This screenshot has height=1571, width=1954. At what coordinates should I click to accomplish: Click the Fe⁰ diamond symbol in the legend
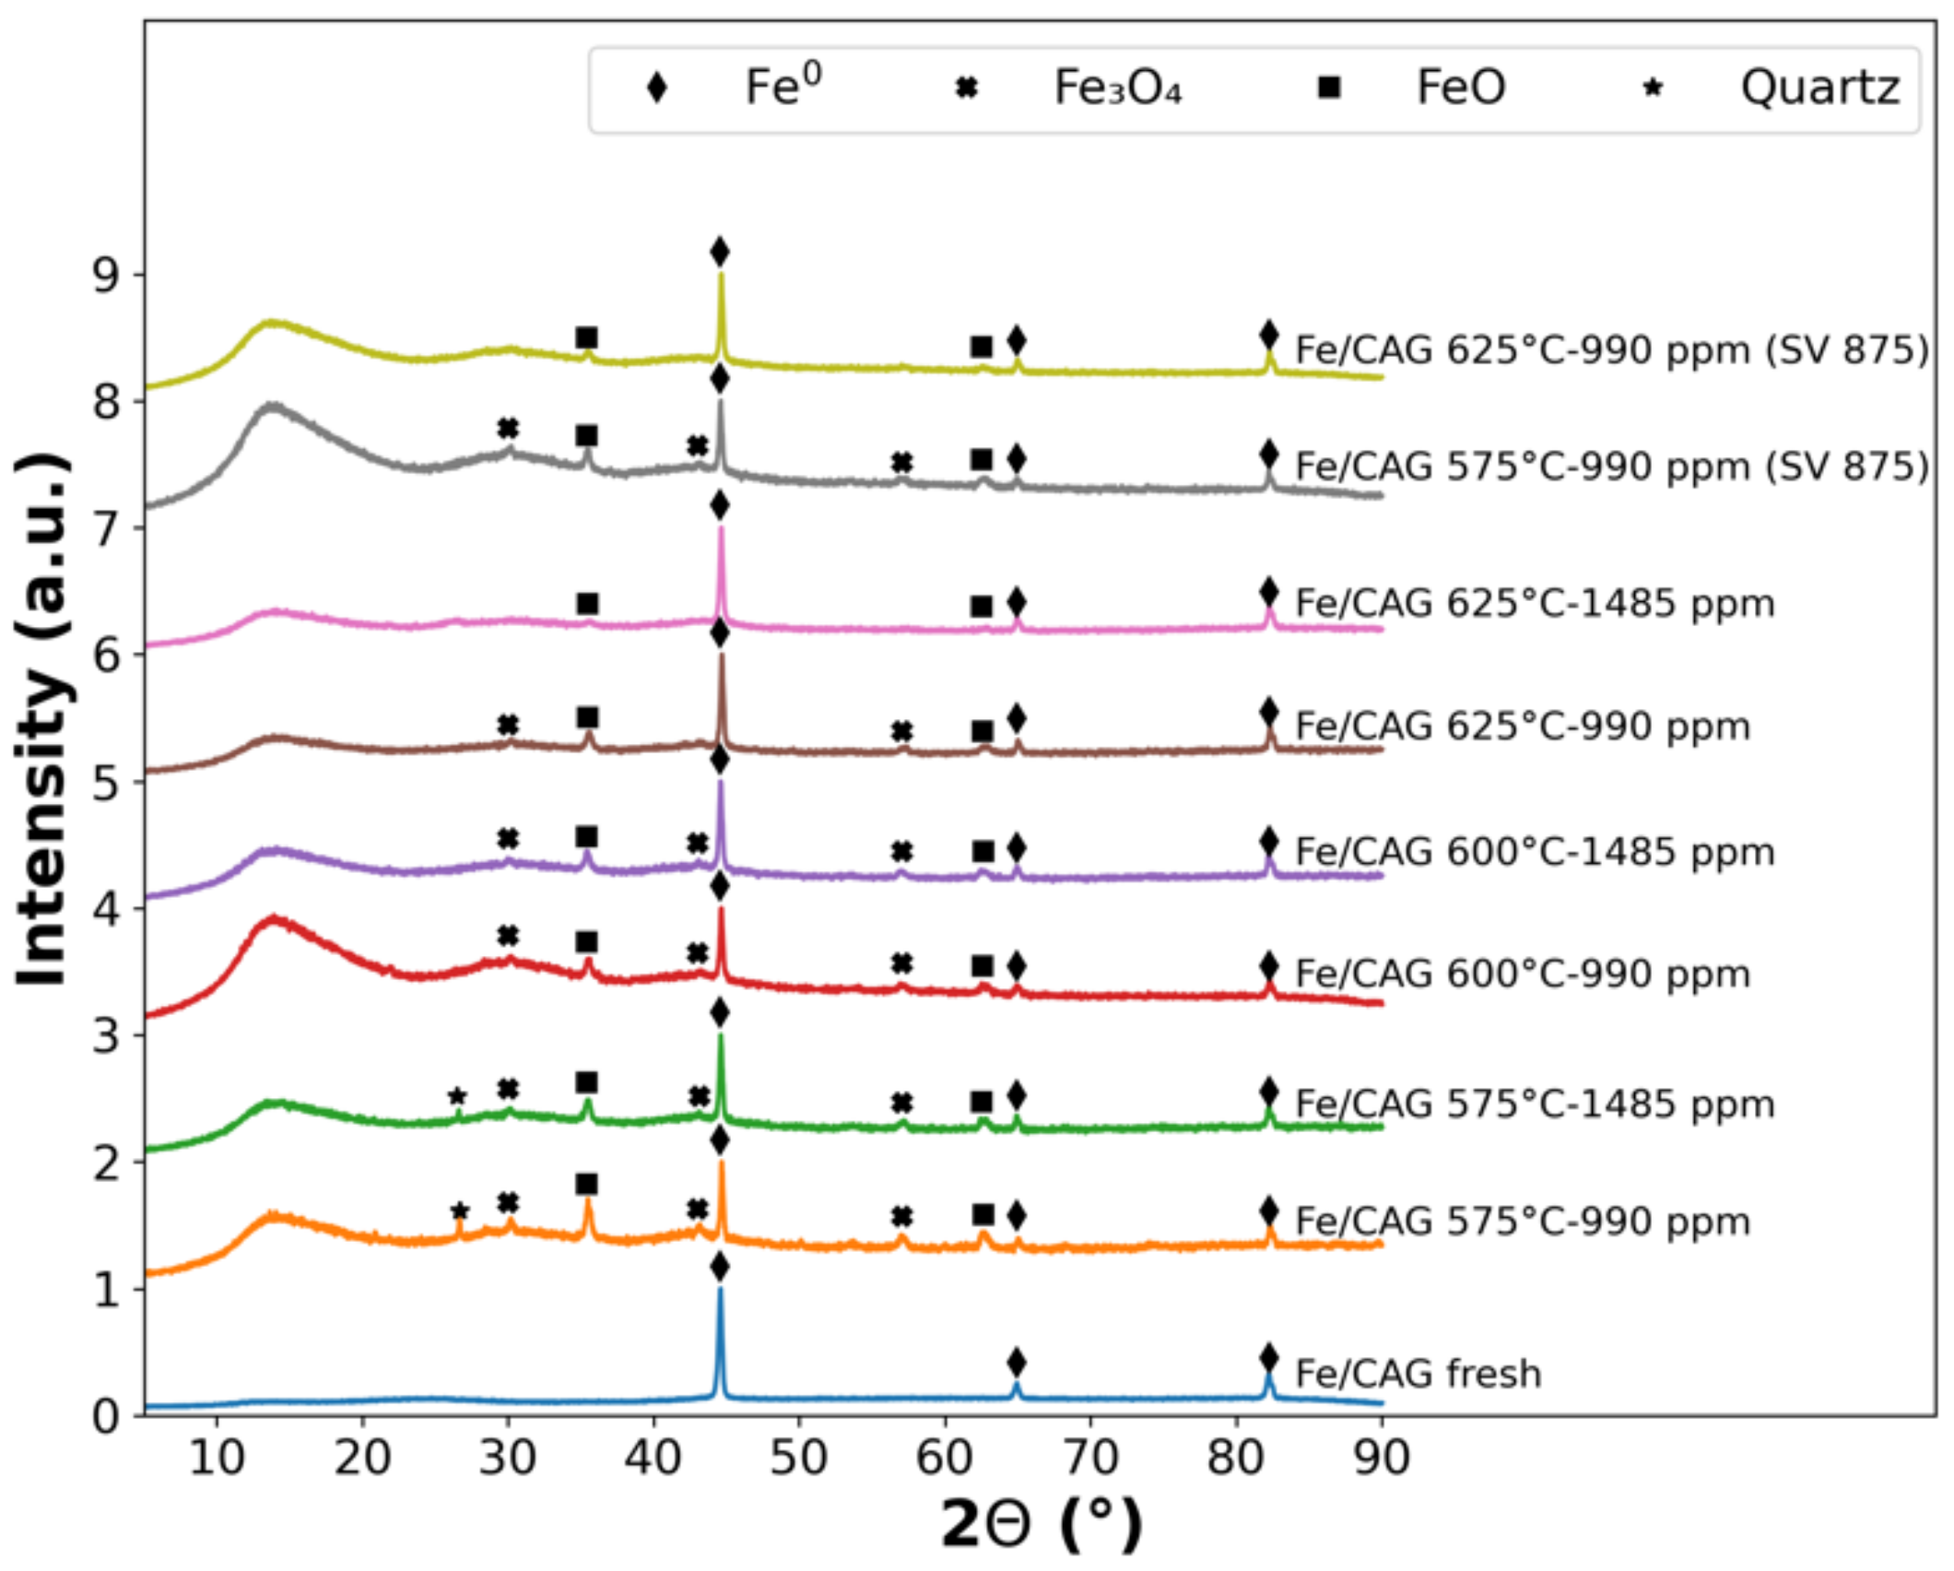pos(656,89)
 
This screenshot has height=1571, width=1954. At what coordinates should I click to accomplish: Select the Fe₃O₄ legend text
pos(1117,89)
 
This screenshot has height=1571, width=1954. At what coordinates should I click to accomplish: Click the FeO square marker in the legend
pos(1329,89)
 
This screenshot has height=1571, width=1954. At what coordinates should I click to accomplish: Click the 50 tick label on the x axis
pos(798,1458)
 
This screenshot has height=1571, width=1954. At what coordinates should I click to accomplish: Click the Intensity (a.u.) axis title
pos(43,719)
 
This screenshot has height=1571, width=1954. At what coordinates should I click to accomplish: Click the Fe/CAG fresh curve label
pos(1418,1374)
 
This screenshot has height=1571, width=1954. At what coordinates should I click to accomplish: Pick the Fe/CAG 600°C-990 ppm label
pos(1523,974)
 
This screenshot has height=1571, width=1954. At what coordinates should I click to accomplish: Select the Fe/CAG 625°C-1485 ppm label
pos(1535,603)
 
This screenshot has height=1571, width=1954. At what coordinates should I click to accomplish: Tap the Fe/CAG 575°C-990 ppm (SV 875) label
pos(1611,467)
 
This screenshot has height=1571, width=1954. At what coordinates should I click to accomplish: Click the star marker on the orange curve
pos(460,1211)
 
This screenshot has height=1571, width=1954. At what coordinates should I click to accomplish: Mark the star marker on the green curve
pos(457,1097)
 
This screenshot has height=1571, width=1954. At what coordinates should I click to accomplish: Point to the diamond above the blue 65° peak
pos(1017,1362)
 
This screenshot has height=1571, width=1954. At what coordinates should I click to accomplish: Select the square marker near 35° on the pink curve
pos(587,604)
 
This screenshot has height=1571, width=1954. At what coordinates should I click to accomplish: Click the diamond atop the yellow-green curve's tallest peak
pos(720,252)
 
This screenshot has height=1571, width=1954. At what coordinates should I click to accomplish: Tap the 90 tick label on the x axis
pos(1381,1458)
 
